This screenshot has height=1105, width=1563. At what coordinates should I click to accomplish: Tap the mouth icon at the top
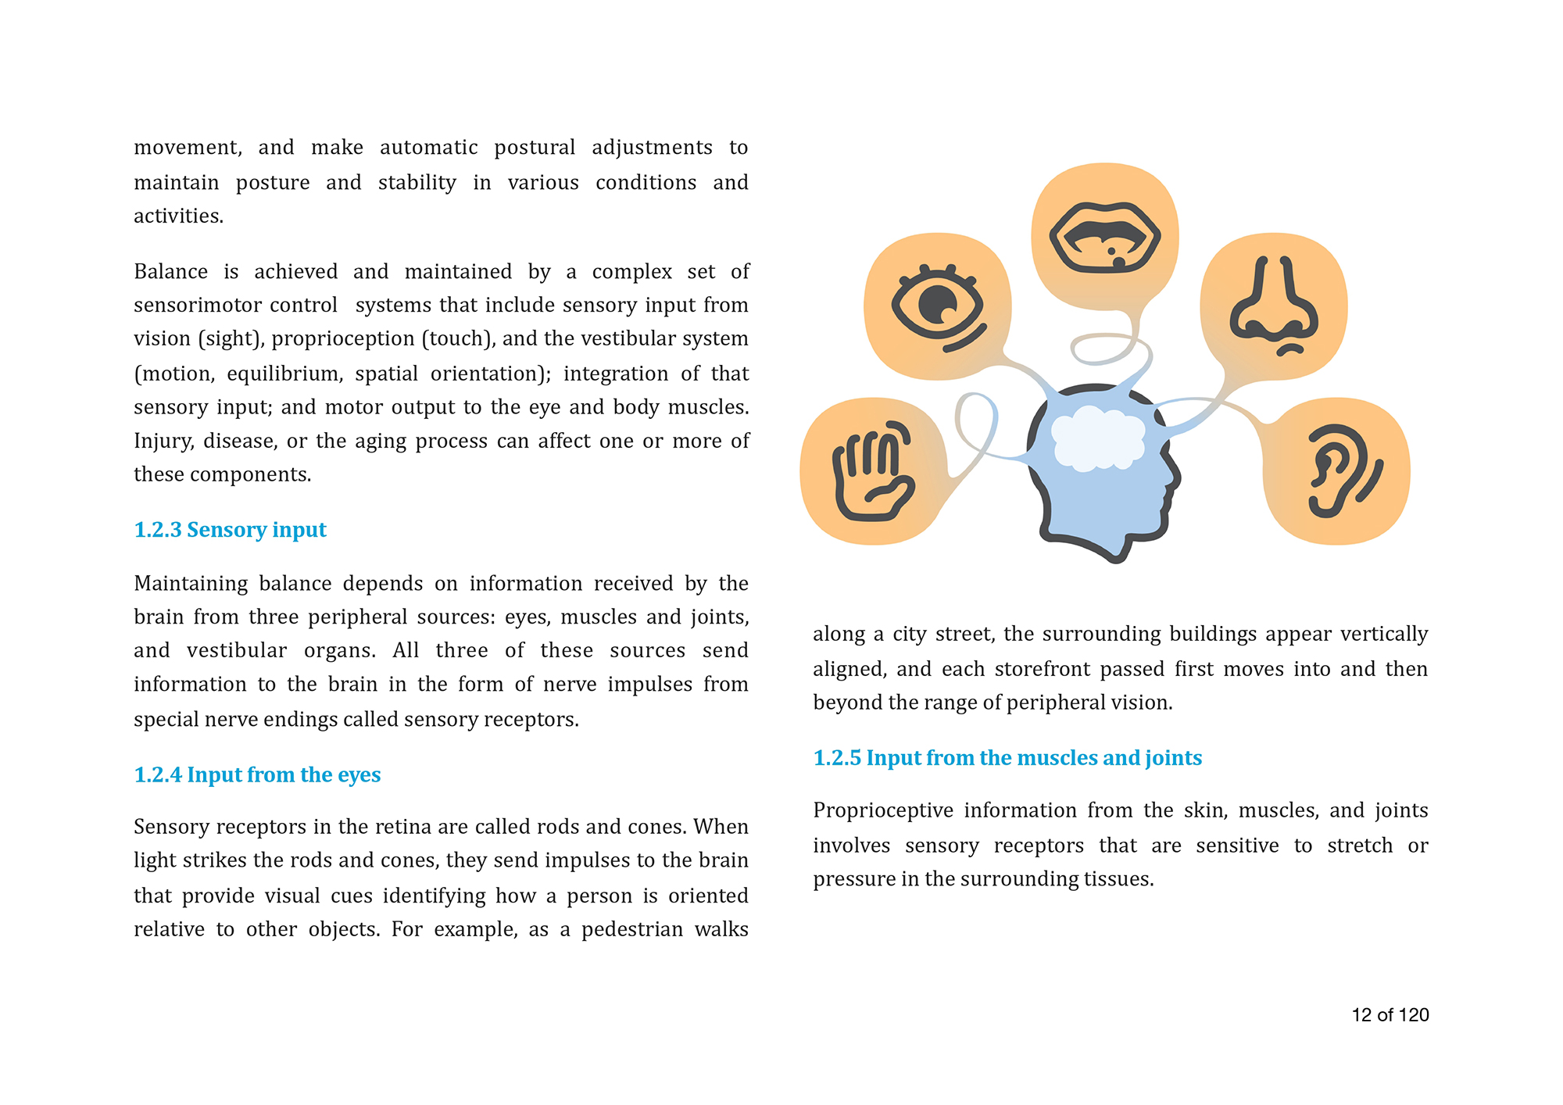tap(1104, 238)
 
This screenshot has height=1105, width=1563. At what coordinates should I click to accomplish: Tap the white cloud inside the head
tap(1097, 440)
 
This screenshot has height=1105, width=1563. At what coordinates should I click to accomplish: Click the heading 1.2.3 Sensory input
tap(230, 530)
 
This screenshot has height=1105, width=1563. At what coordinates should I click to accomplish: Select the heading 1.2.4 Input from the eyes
tap(257, 774)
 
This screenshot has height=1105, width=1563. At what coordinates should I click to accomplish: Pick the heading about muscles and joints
tap(1007, 757)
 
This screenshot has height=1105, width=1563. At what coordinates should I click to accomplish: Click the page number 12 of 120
tap(1390, 1014)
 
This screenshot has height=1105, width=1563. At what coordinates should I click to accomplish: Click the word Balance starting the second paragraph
tap(170, 271)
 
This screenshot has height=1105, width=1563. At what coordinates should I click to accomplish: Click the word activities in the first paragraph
tap(178, 216)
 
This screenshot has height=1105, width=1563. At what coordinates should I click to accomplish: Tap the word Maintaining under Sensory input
tap(191, 583)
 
